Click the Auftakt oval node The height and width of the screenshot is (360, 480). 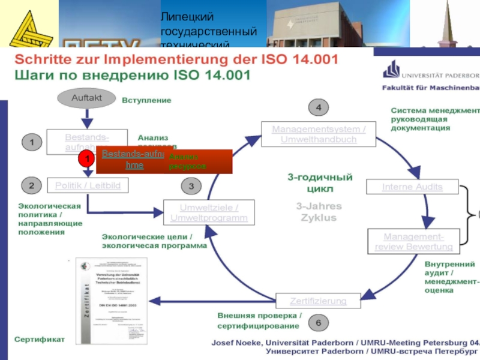87,97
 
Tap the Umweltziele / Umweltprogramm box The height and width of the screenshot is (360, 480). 209,212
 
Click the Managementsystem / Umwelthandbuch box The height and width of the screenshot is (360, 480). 318,134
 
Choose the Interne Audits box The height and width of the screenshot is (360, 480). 412,187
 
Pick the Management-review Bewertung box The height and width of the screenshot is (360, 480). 414,241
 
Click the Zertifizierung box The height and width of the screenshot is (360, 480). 318,300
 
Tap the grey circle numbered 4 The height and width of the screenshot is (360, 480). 319,108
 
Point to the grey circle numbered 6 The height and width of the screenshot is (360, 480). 318,323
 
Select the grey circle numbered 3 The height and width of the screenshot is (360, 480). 191,187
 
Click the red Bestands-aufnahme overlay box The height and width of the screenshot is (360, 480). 164,161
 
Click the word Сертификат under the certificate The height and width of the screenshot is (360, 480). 40,339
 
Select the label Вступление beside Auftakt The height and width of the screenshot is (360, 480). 146,100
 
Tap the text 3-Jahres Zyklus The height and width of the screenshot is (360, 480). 319,212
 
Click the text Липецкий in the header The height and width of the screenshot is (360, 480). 187,17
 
